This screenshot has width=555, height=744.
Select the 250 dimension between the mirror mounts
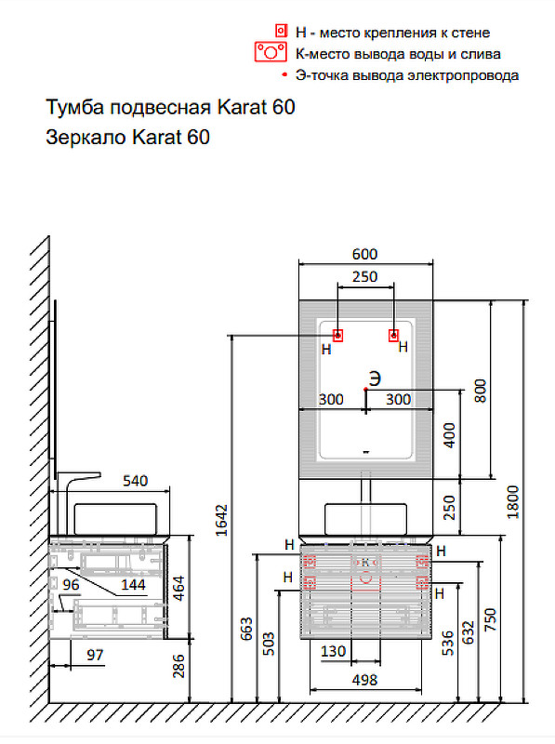coord(365,276)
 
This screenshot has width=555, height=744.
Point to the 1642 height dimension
coord(220,521)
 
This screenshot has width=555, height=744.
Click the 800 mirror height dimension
coord(480,390)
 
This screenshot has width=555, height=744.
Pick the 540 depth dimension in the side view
coord(136,481)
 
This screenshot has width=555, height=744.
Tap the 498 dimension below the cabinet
coord(365,680)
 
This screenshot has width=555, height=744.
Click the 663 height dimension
coord(244,629)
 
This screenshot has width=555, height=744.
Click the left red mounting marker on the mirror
coord(337,335)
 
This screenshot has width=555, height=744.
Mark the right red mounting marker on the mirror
coord(395,335)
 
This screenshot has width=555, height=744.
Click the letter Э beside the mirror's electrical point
coord(374,378)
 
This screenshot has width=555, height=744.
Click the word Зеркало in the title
coord(84,139)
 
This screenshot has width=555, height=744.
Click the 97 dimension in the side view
coord(94,656)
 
